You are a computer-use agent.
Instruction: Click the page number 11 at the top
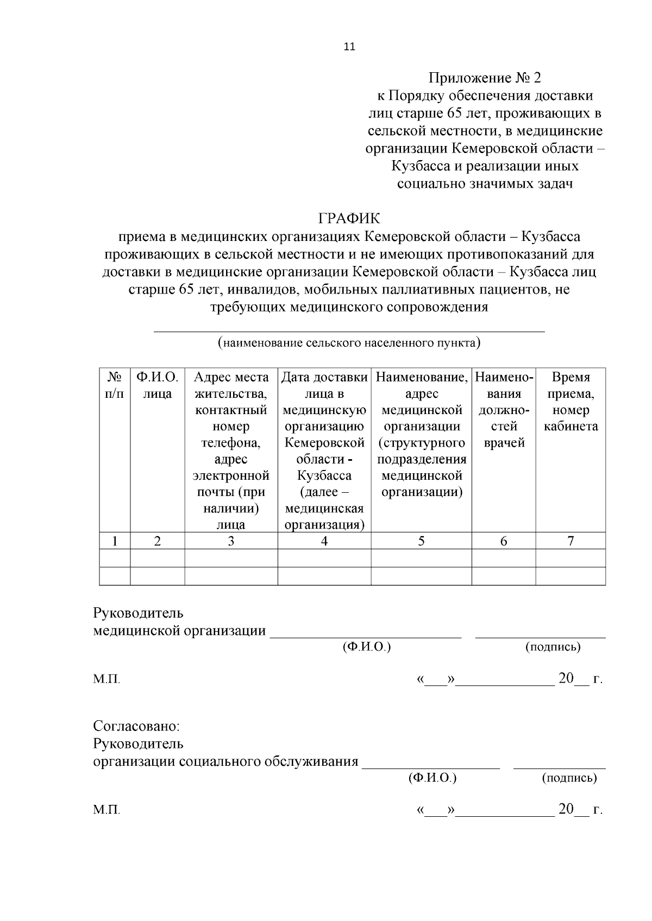[349, 47]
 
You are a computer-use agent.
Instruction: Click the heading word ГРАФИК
[349, 219]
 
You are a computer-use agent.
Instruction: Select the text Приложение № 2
[485, 78]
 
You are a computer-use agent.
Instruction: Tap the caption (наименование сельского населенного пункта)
[349, 343]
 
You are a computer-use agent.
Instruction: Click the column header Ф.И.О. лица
[157, 385]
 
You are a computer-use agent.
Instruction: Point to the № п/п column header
[114, 385]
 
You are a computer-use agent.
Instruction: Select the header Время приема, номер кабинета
[570, 402]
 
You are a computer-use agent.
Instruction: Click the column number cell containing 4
[324, 541]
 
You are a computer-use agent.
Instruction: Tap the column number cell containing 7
[570, 541]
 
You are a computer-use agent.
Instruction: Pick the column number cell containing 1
[115, 541]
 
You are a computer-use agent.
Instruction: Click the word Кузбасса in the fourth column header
[324, 476]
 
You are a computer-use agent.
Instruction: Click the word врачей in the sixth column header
[504, 443]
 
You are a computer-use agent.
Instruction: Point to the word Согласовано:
[136, 726]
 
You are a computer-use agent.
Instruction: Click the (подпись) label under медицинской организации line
[553, 647]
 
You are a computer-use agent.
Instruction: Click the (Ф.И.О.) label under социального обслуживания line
[432, 778]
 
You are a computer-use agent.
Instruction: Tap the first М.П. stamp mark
[106, 679]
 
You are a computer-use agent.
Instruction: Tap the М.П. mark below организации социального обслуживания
[106, 810]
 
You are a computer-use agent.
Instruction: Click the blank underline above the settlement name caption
[349, 330]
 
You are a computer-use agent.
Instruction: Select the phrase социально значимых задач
[485, 183]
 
